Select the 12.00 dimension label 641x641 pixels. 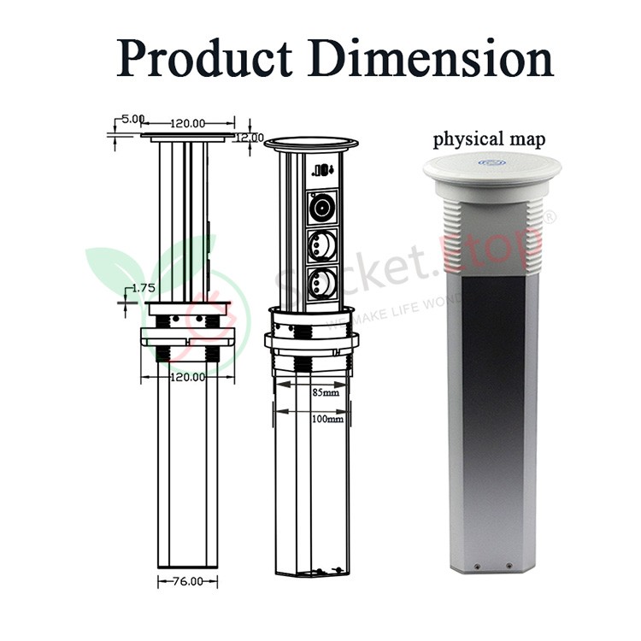[x=251, y=137]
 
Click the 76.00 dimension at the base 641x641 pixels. [x=187, y=581]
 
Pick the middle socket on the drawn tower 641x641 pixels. [x=322, y=245]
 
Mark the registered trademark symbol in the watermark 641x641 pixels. [x=550, y=218]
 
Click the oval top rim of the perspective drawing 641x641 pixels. [x=311, y=142]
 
